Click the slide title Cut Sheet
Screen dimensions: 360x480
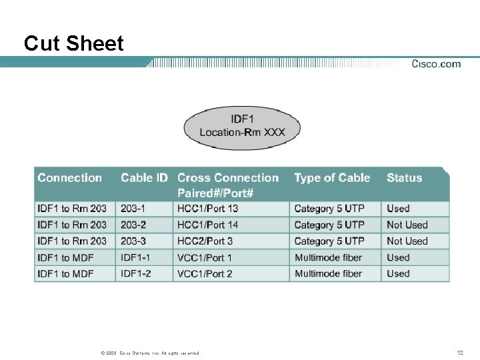coord(73,44)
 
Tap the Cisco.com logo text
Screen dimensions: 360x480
coord(436,64)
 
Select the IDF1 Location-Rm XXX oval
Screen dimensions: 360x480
coord(242,126)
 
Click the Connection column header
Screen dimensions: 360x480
coord(70,178)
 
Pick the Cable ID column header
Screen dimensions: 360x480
coord(144,178)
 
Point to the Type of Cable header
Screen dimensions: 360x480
coord(332,178)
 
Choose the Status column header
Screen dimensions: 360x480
coord(405,178)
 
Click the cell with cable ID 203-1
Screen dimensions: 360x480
coord(133,209)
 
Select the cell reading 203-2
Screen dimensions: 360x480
coord(133,225)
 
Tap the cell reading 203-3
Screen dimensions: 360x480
coord(133,241)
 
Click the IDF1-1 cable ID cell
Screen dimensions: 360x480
coord(135,257)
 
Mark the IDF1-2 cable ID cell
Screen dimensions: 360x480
coord(135,273)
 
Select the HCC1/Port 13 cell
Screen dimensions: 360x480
coord(207,209)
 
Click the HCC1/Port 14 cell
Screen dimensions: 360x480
coord(207,225)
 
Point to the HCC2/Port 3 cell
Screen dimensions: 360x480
coord(205,241)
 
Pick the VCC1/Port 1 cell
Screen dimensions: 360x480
coord(205,257)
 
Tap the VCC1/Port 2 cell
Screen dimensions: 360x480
coord(205,273)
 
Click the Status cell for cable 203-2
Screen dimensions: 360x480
coord(407,225)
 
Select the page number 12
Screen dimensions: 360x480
coord(459,352)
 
